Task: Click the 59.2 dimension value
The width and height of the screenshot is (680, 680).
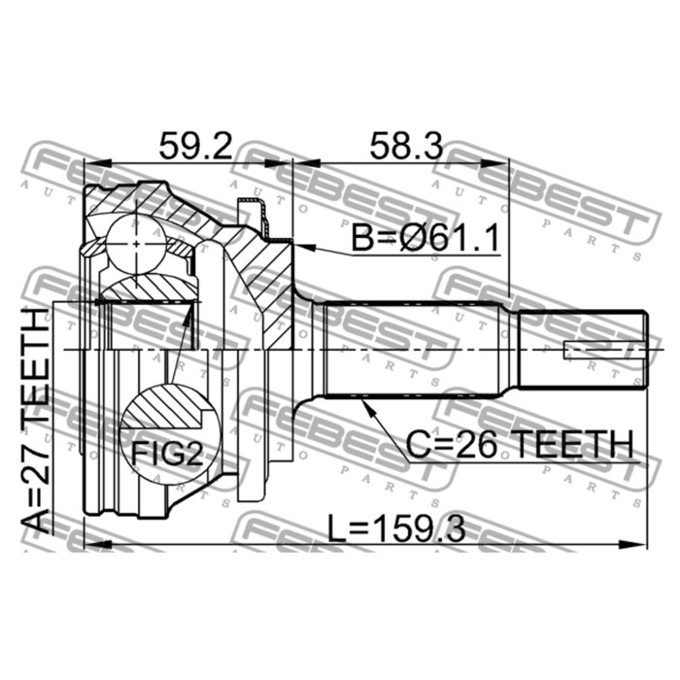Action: click(195, 146)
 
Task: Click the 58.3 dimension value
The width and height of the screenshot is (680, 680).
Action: click(406, 146)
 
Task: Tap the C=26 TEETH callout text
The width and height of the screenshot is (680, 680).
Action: click(520, 444)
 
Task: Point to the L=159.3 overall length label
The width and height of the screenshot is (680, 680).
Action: click(396, 527)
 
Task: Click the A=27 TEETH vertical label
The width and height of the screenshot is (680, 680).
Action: click(36, 421)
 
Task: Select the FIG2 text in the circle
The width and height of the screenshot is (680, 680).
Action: click(167, 454)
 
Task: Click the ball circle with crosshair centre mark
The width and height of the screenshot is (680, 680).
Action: click(136, 245)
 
